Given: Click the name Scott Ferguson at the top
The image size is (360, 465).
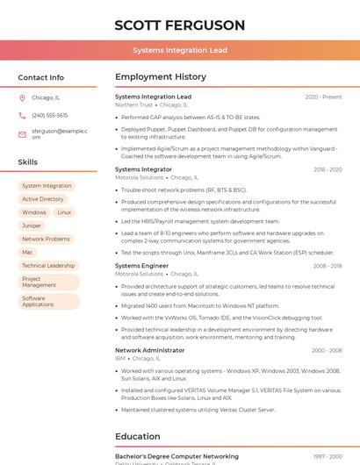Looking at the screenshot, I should pos(180,25).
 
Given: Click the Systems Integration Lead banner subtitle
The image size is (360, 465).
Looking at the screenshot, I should pos(180,51).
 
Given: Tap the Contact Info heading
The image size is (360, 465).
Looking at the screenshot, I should pos(40,77).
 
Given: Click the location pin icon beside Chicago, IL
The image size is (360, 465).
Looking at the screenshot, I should pos(22,98).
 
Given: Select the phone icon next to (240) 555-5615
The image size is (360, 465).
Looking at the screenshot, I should pos(22,116).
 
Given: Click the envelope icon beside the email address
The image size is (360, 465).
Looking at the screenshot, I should pos(22,134).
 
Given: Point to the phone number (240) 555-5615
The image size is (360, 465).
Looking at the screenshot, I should pos(49,116).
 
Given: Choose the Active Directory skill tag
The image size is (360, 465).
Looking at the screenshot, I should pos(43,199).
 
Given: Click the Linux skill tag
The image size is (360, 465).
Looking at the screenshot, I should pos(64,212).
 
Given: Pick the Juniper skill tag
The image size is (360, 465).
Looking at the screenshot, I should pos(32,225).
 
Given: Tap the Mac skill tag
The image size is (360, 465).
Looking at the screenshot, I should pos(27,252).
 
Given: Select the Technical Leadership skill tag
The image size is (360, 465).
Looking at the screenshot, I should pos(48,265).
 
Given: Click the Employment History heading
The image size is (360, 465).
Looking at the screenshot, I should pos(160,77).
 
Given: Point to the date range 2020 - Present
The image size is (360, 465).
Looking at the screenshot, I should pos(323,97).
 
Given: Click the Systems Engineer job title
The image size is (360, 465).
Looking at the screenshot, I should pos(141,266).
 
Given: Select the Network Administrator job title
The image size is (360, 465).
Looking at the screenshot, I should pos(149,350).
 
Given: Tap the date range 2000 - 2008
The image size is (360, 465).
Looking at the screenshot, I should pos(327,351).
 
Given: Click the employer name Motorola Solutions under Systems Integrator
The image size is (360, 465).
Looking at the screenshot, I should pos(139,177).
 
